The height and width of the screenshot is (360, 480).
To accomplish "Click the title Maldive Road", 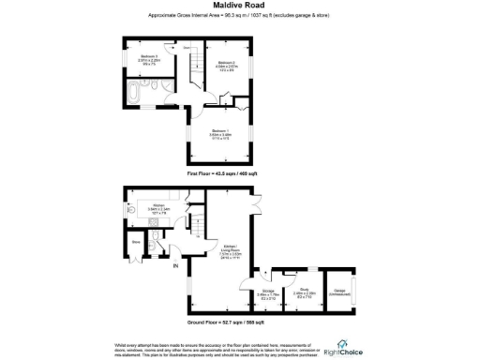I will point(239,7).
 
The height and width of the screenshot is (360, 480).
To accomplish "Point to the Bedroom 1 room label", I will point(220,133).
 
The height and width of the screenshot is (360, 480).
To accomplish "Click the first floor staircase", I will point(195,68).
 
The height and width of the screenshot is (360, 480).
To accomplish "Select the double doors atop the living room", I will point(259,191).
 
